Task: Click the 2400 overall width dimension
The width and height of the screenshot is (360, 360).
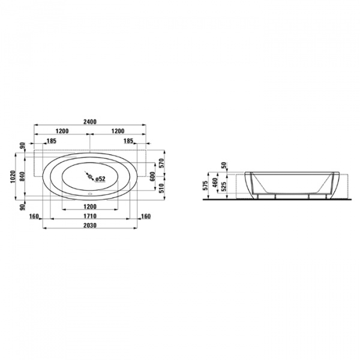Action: [90, 122]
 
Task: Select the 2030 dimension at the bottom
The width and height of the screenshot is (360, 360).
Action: [90, 226]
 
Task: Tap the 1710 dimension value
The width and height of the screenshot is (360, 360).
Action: [90, 216]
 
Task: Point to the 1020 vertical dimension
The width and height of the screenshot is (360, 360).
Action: [13, 176]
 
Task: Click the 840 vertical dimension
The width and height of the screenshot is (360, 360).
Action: [22, 176]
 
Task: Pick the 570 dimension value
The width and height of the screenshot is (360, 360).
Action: [162, 163]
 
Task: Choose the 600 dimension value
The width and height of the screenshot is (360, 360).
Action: [152, 176]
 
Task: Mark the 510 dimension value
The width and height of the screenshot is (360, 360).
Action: [162, 188]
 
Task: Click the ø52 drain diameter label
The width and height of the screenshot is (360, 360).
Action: [100, 179]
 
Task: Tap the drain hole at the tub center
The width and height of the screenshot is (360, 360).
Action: [90, 176]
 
